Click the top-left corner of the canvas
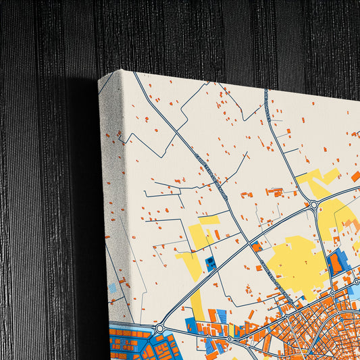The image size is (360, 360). click(99, 80)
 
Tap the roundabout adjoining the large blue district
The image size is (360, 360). click(159, 328)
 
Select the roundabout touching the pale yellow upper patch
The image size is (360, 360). click(314, 205)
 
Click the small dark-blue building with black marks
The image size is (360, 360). click(211, 263)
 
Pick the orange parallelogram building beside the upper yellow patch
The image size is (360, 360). click(355, 176)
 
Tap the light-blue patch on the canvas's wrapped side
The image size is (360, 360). click(112, 288)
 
